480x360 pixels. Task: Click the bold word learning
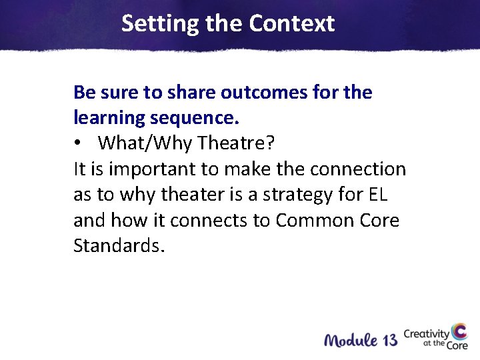coord(109,118)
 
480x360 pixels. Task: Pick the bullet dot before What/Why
coord(79,144)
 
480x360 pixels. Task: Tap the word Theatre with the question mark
coord(237,143)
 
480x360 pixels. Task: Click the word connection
coord(357,169)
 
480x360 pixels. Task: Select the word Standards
coord(117,246)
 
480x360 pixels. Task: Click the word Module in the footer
coord(350,340)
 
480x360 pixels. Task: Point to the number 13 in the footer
coord(389,340)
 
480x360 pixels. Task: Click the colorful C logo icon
coord(459,333)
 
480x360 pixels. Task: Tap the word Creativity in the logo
coord(427,333)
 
